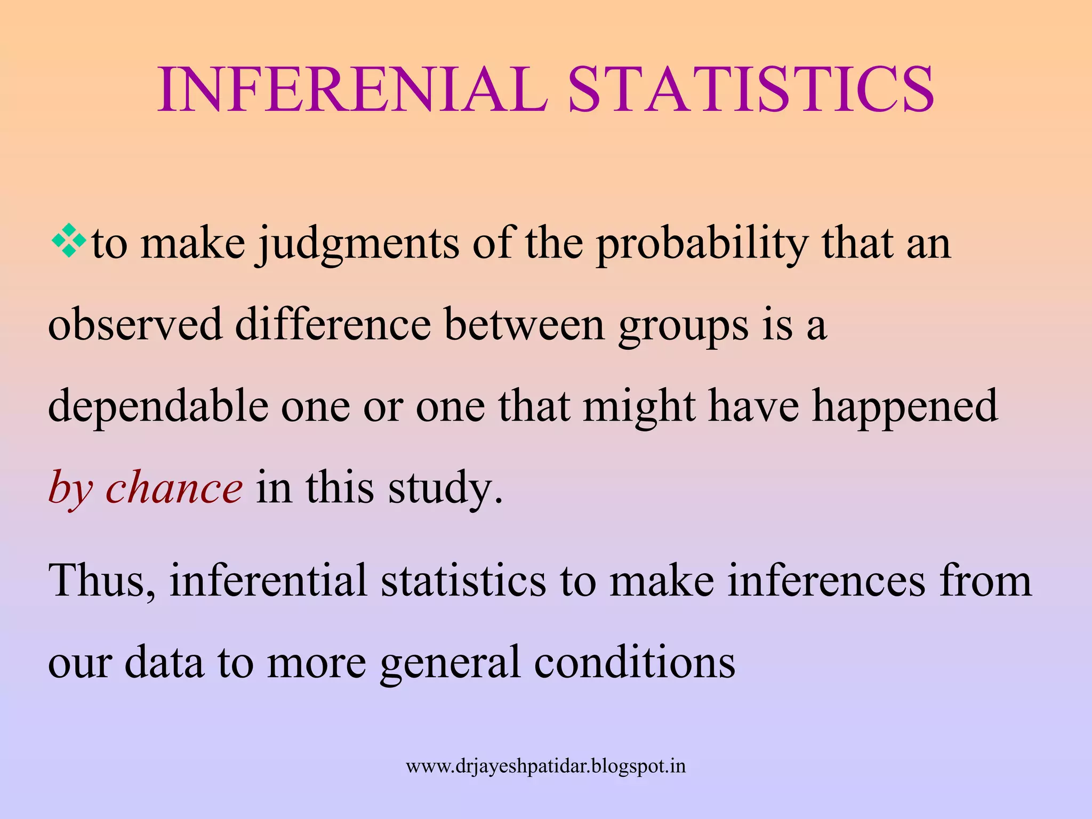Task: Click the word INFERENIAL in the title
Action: tap(352, 90)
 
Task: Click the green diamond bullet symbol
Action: tap(69, 241)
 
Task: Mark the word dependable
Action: tap(158, 406)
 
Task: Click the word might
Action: tap(639, 406)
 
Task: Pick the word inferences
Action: tap(826, 580)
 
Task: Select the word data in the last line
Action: tap(164, 662)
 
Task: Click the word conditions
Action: tap(635, 662)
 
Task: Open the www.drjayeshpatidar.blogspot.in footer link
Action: tap(545, 766)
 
